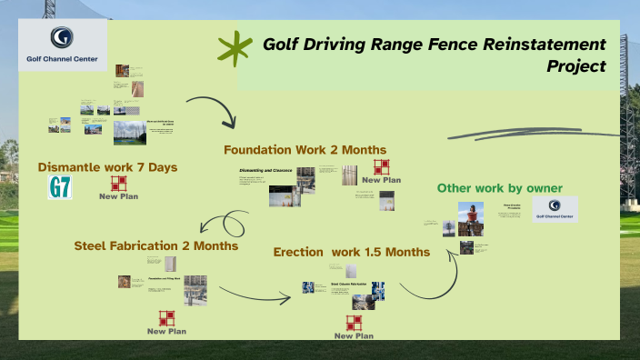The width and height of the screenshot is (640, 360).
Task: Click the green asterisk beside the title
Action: tap(235, 50)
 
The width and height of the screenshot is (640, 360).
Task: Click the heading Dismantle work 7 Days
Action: tap(107, 167)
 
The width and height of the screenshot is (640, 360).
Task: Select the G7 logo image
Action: tap(60, 188)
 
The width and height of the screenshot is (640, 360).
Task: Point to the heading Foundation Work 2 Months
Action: tap(305, 149)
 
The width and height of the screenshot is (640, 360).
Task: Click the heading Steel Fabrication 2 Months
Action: tap(156, 245)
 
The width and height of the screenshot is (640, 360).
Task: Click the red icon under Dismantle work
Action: tap(118, 184)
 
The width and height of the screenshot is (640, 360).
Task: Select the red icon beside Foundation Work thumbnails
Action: tap(382, 166)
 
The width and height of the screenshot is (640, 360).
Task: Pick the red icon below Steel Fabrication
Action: tap(166, 318)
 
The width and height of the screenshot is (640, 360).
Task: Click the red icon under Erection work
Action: tap(354, 323)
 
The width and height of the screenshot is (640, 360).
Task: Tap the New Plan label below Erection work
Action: tap(354, 336)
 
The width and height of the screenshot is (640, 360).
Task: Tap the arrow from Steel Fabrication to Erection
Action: tap(255, 292)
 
